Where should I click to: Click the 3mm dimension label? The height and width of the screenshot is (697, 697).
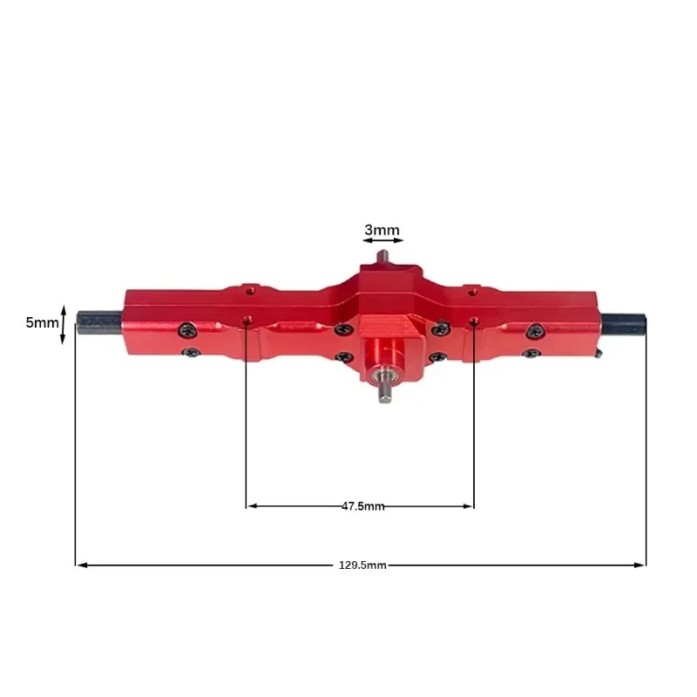click(382, 230)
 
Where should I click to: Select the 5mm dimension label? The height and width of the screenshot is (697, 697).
click(42, 322)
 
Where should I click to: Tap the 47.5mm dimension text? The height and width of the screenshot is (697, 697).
click(362, 506)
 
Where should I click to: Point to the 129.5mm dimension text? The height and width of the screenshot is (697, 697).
click(362, 565)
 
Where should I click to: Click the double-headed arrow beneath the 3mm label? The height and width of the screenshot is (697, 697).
click(382, 240)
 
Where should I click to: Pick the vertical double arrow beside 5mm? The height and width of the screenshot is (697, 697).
click(63, 324)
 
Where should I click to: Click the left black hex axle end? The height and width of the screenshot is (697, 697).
click(99, 322)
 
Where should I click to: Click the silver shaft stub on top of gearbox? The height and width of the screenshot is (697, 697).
click(382, 257)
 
